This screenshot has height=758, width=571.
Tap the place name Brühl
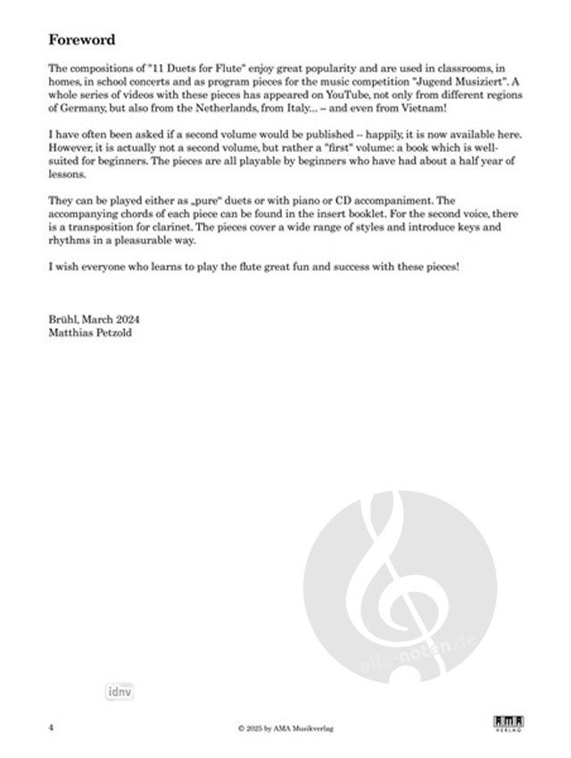(64, 318)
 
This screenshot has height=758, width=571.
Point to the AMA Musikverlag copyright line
(285, 729)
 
